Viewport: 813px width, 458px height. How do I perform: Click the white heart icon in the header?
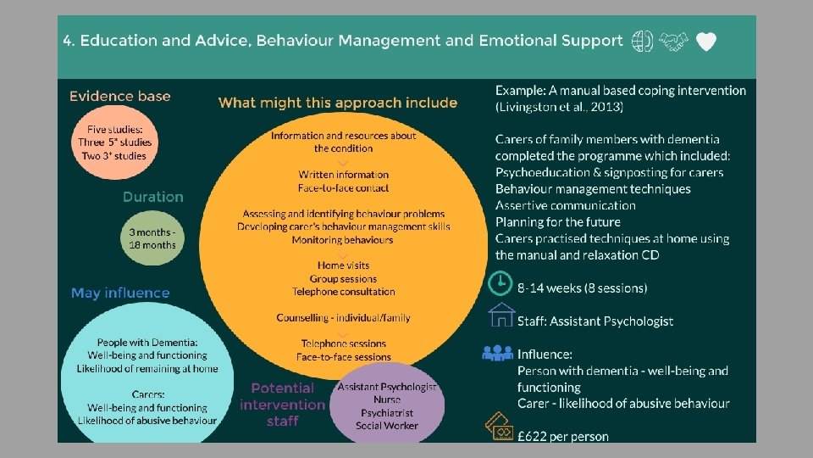click(706, 42)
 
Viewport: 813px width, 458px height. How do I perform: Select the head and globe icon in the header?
click(643, 42)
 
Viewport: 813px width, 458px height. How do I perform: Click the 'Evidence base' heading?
click(119, 97)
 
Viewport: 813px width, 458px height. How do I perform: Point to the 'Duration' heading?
click(152, 197)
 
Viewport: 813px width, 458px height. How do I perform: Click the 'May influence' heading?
click(120, 293)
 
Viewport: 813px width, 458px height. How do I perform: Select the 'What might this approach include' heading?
click(338, 103)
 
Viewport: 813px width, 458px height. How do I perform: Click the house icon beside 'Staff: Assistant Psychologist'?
click(501, 316)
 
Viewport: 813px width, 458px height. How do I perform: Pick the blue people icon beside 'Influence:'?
click(498, 352)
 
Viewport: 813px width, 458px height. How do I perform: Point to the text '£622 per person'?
click(563, 437)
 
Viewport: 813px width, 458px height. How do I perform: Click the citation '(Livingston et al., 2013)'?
click(559, 107)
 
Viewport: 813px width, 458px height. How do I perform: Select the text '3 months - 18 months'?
click(152, 238)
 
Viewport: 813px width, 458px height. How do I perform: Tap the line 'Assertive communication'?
click(565, 205)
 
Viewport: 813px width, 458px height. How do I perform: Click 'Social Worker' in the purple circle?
click(387, 425)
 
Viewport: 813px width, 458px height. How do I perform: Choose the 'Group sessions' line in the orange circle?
click(343, 278)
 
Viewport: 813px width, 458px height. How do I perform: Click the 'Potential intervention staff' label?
click(283, 404)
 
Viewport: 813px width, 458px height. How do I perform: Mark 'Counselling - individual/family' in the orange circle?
click(343, 318)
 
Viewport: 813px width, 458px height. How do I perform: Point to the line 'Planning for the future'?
click(558, 222)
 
